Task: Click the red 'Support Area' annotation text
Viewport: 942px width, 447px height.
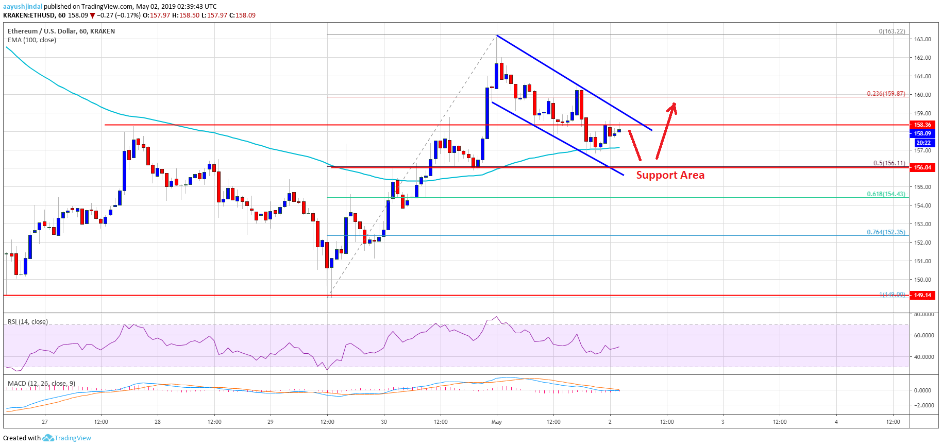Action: point(670,175)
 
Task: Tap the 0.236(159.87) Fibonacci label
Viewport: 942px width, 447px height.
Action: point(886,94)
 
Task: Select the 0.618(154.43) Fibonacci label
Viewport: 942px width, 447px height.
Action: point(886,194)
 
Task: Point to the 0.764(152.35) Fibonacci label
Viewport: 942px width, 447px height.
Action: point(886,232)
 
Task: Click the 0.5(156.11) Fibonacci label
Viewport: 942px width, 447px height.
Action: point(889,163)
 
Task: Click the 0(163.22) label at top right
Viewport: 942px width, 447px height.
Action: point(891,31)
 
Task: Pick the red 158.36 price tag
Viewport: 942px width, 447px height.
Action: point(922,125)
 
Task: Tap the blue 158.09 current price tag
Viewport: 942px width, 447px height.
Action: point(922,133)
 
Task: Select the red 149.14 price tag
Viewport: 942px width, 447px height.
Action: point(922,295)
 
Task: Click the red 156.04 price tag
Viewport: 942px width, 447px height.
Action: point(922,167)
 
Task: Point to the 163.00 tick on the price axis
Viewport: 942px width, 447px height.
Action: point(922,39)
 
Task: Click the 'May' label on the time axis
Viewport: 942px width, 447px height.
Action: point(496,422)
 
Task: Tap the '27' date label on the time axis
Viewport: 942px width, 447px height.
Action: point(45,422)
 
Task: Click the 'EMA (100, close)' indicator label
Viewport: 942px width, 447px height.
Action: point(32,40)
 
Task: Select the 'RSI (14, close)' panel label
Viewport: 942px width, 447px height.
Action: point(28,322)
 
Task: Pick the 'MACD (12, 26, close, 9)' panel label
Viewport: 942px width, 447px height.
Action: point(41,384)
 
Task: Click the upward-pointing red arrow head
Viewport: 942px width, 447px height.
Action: point(672,107)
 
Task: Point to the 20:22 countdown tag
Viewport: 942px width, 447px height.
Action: point(922,143)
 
